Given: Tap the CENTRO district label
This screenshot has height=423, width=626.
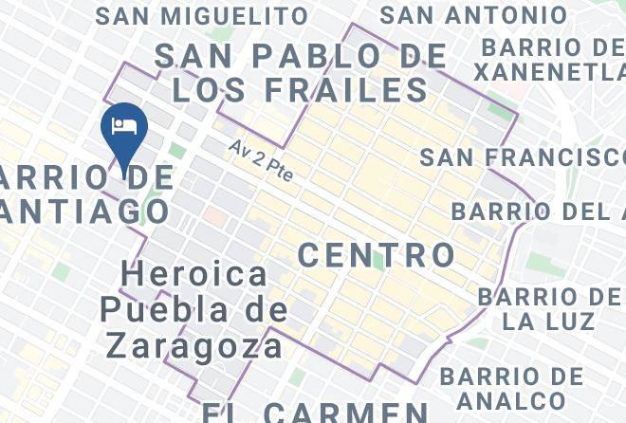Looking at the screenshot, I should click(x=377, y=254).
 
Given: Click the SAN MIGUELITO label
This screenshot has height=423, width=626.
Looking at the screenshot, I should click(x=202, y=16).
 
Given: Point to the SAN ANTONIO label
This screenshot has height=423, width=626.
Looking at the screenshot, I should click(x=473, y=15).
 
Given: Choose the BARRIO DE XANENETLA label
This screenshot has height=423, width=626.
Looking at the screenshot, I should click(x=549, y=60).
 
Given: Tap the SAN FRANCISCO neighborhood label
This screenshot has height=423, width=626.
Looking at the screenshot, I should click(x=523, y=157).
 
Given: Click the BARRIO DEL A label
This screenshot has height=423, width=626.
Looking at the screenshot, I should click(x=538, y=211).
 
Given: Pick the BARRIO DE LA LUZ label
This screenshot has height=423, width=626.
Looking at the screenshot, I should click(x=549, y=309).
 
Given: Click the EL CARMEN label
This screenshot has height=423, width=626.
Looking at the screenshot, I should click(x=316, y=412).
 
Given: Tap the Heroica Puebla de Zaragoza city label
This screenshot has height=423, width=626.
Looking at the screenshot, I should click(x=194, y=309).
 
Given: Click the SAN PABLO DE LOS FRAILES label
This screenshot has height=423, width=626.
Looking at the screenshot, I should click(x=300, y=72).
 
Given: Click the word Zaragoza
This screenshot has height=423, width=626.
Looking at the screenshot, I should click(x=194, y=344).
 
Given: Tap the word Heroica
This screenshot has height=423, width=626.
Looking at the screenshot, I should click(x=194, y=275).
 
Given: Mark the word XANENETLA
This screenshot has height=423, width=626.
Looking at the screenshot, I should click(x=549, y=72).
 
